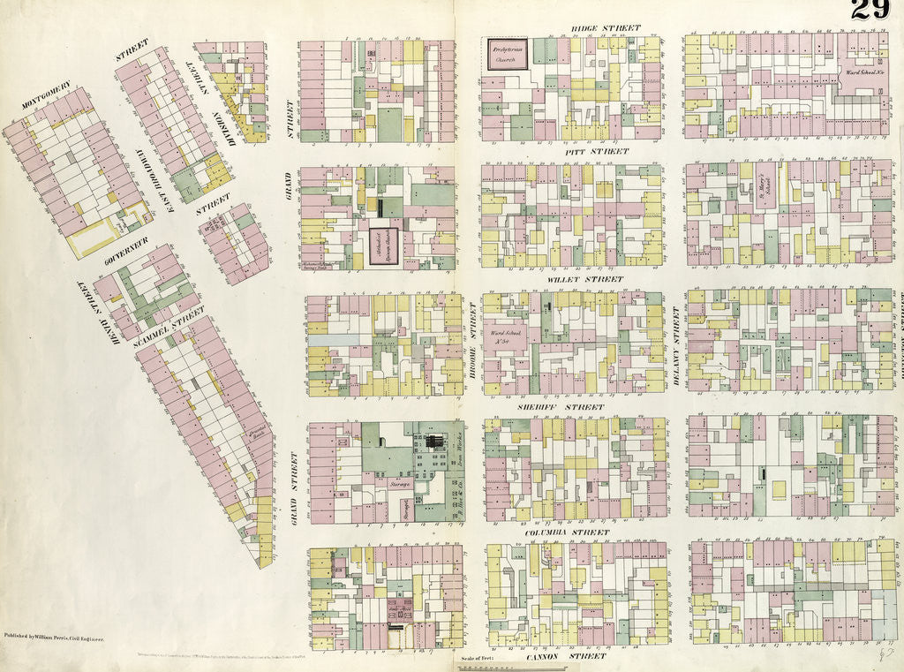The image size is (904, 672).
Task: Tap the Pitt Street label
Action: click(x=599, y=152)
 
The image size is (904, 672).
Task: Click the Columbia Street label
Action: click(x=566, y=533)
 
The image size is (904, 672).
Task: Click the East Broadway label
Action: click(x=162, y=186)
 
